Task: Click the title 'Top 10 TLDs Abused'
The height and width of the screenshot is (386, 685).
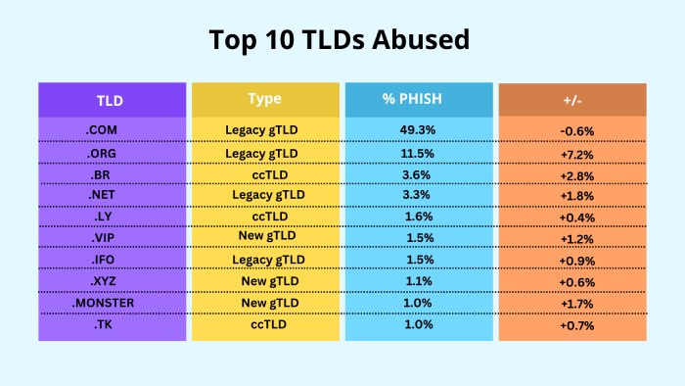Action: tap(339, 40)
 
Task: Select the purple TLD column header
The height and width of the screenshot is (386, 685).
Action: tap(113, 100)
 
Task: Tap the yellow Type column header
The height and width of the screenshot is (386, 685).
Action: tap(265, 100)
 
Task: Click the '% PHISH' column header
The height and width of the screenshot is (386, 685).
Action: tap(419, 100)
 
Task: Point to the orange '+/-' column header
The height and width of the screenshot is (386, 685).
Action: tap(572, 100)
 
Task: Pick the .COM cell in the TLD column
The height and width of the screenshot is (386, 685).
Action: tap(102, 130)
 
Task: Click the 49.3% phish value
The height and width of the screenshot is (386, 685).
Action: tap(418, 130)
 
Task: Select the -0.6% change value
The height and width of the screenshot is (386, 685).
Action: tap(577, 131)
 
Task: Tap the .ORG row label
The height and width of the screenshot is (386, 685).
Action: tap(102, 154)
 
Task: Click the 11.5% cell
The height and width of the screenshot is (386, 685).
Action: tap(417, 154)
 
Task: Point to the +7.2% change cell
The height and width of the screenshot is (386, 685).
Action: tap(577, 155)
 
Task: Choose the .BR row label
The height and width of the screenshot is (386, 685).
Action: tap(101, 174)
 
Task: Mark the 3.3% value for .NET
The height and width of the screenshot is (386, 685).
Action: tap(416, 195)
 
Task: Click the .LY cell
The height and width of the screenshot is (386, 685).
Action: tap(103, 217)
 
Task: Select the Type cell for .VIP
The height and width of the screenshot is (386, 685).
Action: tap(267, 236)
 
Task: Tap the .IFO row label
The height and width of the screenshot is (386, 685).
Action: tap(103, 260)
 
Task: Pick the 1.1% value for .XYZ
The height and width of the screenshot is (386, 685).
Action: tap(419, 281)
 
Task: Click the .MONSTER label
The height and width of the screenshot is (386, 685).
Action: tap(103, 303)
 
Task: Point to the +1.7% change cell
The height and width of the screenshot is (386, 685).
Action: tap(577, 304)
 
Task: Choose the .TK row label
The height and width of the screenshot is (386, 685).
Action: tap(103, 324)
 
